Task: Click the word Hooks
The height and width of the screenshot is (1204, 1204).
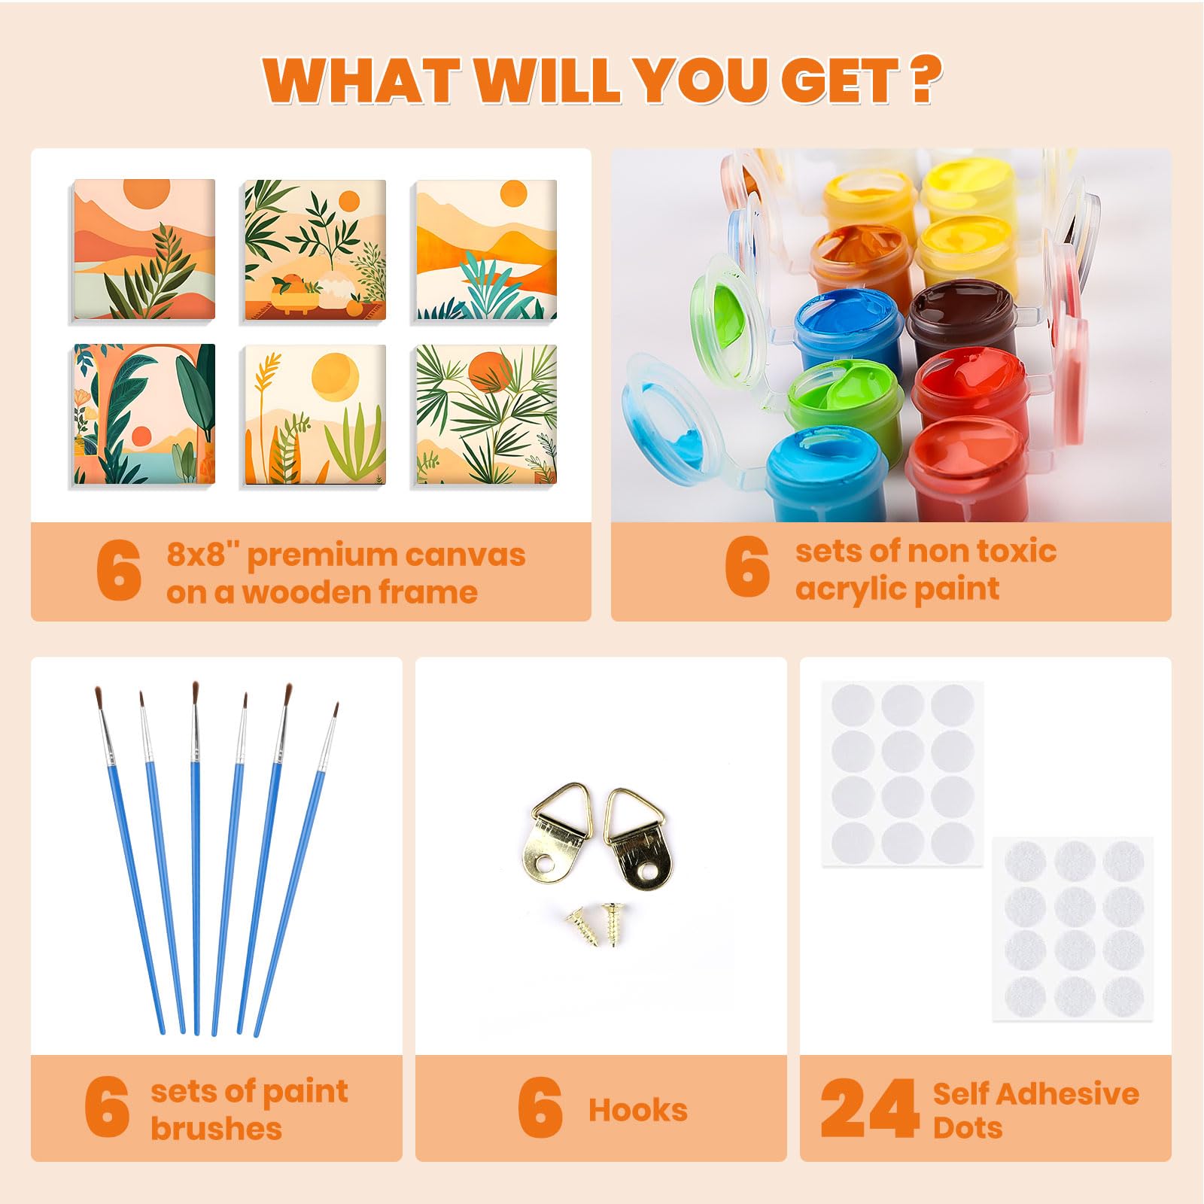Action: [638, 1110]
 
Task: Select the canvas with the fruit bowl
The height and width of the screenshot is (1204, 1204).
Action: [315, 250]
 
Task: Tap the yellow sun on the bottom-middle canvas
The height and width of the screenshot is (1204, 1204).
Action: [336, 375]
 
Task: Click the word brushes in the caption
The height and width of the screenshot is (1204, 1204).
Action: [216, 1129]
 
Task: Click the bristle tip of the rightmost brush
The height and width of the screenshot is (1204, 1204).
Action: [336, 707]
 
